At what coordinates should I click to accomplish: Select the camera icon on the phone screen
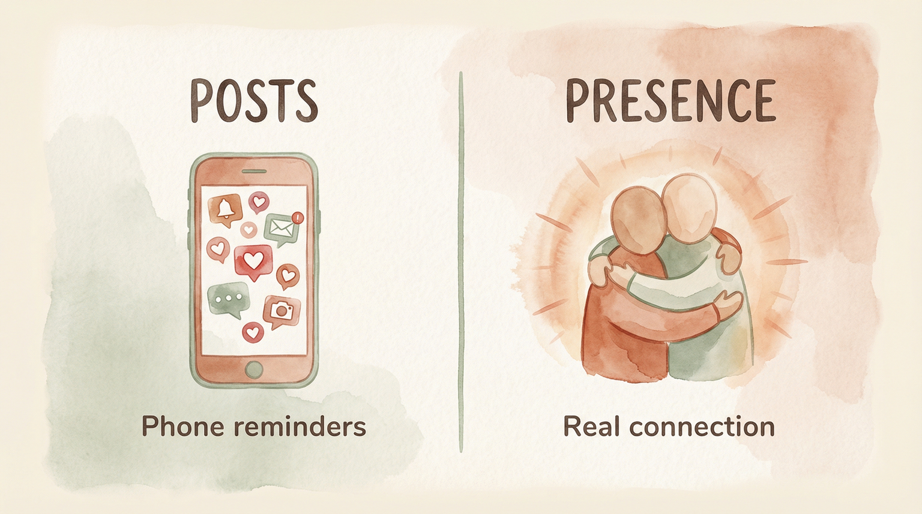click(281, 310)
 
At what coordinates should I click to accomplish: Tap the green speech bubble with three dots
click(227, 298)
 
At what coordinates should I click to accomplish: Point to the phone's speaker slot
click(253, 171)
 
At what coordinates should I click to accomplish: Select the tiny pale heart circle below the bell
click(249, 229)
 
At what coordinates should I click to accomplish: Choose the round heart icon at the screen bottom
click(253, 331)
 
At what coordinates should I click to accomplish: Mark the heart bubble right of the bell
click(259, 202)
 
